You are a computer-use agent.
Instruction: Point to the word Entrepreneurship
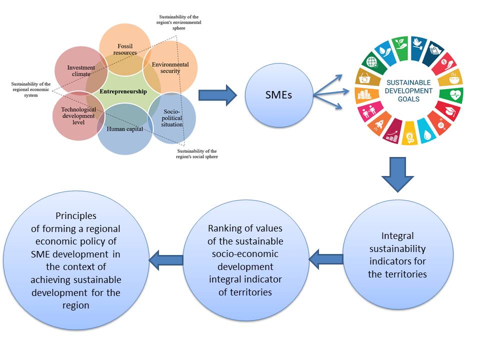[123, 91]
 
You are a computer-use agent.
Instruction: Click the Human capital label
[125, 129]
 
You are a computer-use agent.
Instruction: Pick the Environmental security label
[170, 68]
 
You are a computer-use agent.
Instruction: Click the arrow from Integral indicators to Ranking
[326, 259]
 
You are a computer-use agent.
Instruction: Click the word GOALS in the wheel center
[409, 99]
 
